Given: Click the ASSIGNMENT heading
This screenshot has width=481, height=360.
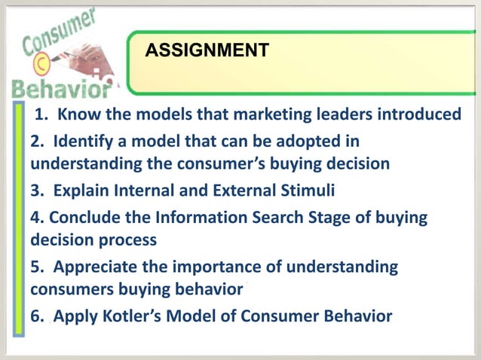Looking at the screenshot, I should tap(206, 50).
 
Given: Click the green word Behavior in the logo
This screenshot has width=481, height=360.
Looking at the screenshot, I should tap(58, 90).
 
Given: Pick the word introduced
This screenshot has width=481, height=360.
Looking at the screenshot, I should tap(418, 114).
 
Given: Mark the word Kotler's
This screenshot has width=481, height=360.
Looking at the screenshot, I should tap(135, 316).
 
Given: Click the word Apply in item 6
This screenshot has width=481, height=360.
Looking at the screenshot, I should tap(74, 316).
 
